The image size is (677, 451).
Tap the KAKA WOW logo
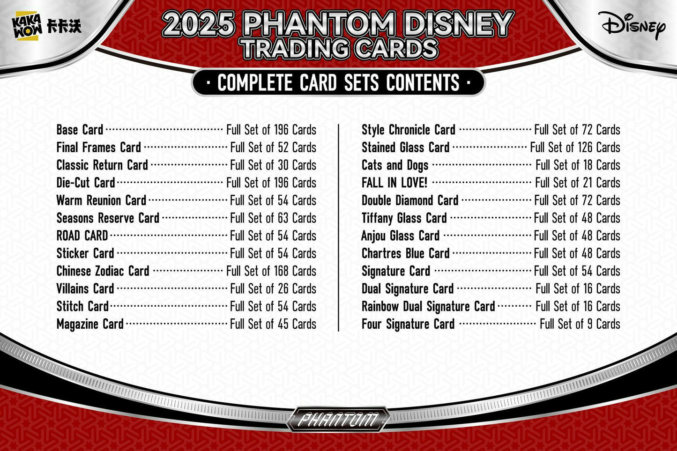click(46, 26)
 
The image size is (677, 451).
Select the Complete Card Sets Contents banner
click(338, 83)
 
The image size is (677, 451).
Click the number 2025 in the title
click(199, 24)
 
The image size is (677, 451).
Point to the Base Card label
click(80, 130)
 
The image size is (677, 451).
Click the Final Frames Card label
click(98, 148)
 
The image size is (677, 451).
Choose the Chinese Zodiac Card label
click(103, 271)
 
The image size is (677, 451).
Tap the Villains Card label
click(85, 288)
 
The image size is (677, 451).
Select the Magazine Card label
click(90, 324)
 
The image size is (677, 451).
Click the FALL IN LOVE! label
click(394, 183)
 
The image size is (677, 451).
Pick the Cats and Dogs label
click(395, 165)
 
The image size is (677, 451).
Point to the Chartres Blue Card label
click(405, 253)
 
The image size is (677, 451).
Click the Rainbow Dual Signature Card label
click(428, 307)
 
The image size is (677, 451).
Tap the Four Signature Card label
click(408, 324)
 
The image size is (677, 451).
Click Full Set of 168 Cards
click(271, 271)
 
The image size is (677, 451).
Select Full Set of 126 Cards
click(575, 148)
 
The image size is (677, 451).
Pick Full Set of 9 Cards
click(580, 324)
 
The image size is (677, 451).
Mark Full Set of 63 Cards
click(273, 218)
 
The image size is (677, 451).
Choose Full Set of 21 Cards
click(578, 183)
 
